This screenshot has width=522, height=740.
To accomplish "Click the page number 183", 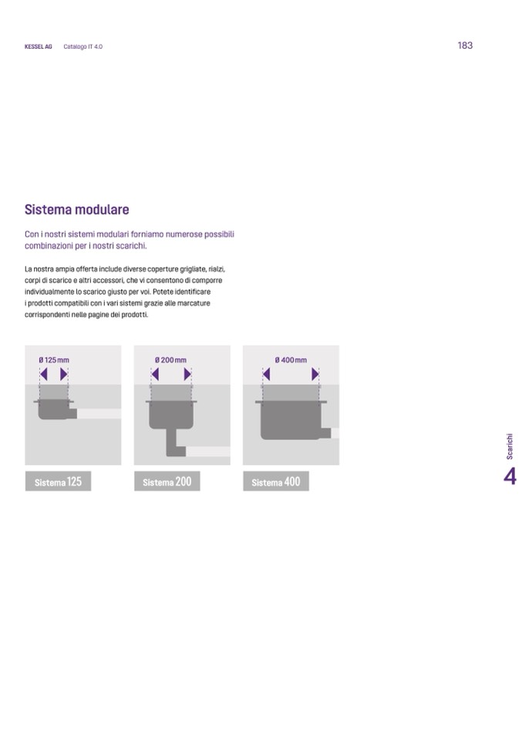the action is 465,46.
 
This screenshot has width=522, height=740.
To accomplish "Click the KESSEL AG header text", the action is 39,47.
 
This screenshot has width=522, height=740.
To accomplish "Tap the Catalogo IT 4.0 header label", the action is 83,47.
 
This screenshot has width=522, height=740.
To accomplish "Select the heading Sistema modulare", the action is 77,209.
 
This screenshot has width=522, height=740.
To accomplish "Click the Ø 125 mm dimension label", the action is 54,360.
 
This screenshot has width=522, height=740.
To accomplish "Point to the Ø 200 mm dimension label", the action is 170,360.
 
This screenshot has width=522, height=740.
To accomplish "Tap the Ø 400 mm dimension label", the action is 291,360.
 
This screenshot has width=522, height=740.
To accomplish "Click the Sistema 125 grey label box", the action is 58,482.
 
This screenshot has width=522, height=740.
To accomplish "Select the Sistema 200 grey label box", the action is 167,482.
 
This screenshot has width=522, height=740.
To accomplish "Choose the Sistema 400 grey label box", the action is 276,482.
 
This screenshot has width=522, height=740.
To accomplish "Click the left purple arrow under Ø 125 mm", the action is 44,374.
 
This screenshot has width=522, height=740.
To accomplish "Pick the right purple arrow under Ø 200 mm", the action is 187,374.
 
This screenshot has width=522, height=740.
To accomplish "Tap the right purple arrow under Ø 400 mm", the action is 315,374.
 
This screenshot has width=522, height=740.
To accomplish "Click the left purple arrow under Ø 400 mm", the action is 267,374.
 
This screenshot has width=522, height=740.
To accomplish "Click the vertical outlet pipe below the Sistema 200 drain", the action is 172,442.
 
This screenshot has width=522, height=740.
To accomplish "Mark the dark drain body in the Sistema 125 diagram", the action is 55,410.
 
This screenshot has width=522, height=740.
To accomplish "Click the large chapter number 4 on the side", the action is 510,477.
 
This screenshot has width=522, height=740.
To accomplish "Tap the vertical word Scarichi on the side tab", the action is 510,447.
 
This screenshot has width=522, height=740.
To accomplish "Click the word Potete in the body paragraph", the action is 163,292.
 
